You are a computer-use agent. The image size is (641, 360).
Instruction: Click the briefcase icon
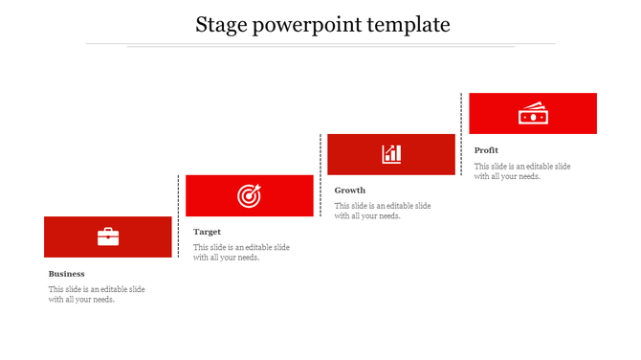[x=108, y=236]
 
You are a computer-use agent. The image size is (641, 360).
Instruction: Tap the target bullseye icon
[x=249, y=196]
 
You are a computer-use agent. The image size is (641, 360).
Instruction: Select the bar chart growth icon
[x=391, y=154]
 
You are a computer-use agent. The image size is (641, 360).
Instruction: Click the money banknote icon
[x=532, y=113]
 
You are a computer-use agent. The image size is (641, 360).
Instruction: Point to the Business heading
[x=67, y=274]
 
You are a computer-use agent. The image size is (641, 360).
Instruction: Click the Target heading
[x=208, y=232]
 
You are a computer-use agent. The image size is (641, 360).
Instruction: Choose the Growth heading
[x=350, y=191]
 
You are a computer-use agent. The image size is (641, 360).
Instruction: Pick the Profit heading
[x=486, y=150]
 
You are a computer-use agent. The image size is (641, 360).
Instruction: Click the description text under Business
[x=97, y=294]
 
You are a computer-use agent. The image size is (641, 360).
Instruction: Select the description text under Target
[x=241, y=252]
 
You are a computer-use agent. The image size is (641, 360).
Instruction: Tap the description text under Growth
[x=383, y=211]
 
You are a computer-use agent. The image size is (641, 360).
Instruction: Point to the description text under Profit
[x=522, y=170]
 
